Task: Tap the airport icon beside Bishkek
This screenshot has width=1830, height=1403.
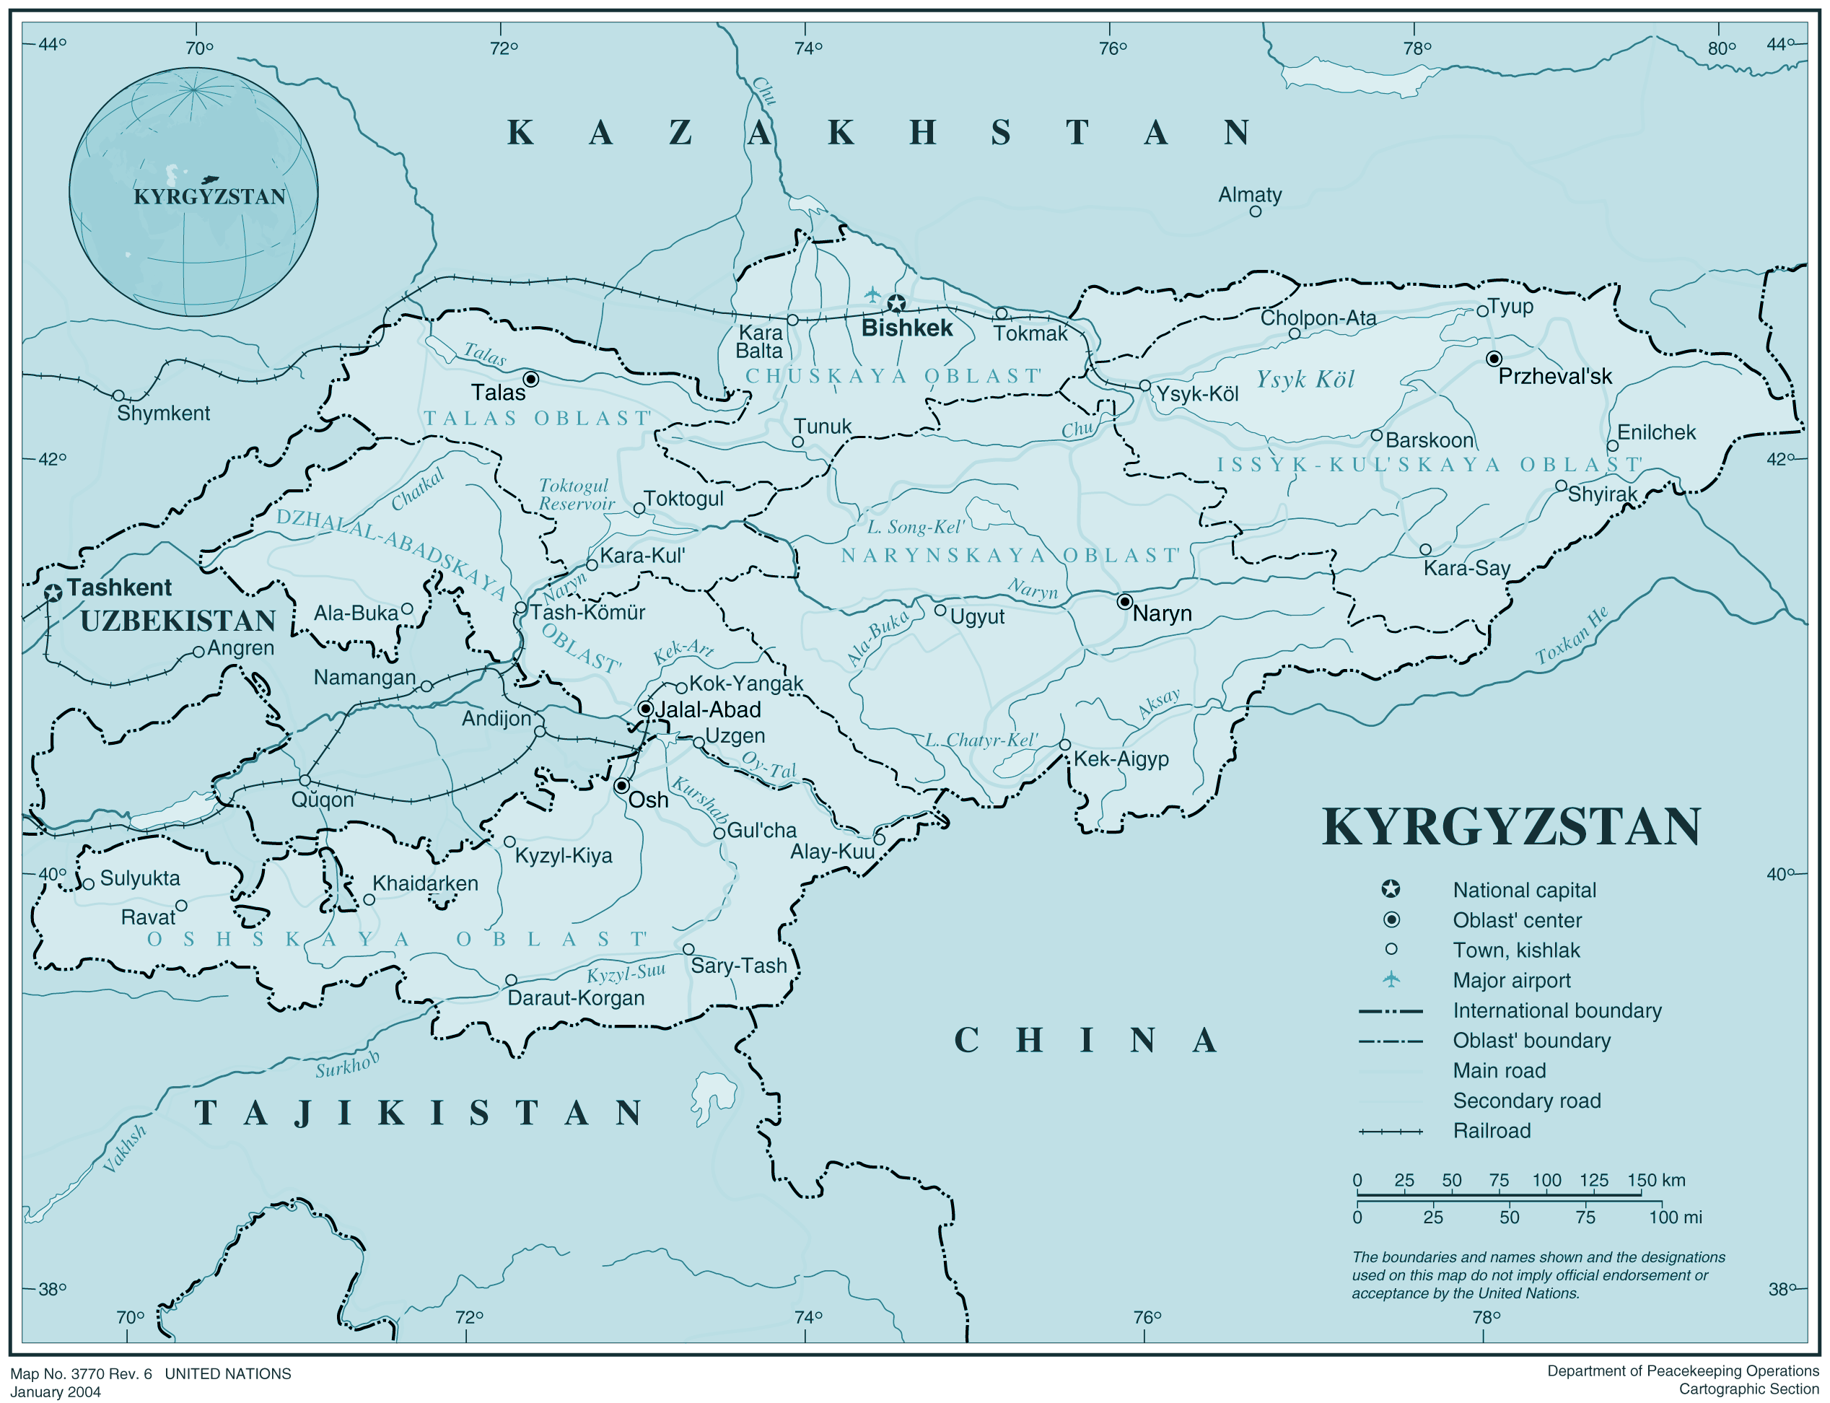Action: coord(872,294)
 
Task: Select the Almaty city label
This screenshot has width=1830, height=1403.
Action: coord(1249,195)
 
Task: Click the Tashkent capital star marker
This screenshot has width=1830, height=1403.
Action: coord(53,593)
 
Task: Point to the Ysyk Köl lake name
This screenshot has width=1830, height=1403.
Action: coord(1305,380)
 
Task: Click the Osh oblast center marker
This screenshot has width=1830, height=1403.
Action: coord(622,786)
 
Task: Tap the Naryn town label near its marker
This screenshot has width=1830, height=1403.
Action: coord(1161,613)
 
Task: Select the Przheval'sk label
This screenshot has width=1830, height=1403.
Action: coord(1554,377)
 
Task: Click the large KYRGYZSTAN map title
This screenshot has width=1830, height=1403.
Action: coord(1511,828)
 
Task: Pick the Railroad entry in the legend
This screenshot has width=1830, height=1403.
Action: coord(1491,1131)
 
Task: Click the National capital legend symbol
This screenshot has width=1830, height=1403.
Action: coord(1391,889)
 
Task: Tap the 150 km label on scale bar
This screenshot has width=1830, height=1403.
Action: coord(1655,1180)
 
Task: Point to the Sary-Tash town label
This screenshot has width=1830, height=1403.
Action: coord(738,966)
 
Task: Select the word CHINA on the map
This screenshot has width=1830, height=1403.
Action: coord(1085,1041)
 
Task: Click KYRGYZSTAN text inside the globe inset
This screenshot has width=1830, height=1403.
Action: coord(209,197)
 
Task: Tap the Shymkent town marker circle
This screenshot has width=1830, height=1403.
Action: coord(118,395)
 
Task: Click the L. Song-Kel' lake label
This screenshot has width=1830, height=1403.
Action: coord(915,527)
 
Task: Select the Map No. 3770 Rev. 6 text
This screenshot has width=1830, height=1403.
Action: coord(81,1374)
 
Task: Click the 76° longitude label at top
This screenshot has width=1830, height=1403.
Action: coord(1112,48)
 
